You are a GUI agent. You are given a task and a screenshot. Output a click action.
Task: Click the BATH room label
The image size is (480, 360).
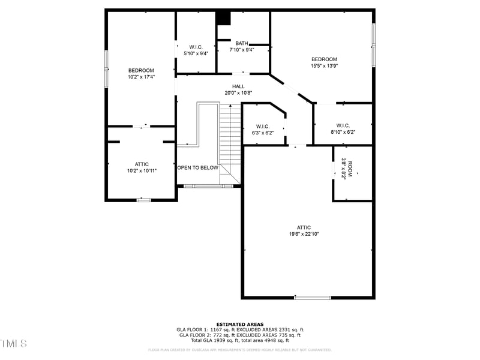point(242,43)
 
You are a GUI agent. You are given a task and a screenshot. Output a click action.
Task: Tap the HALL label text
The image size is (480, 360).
point(238,86)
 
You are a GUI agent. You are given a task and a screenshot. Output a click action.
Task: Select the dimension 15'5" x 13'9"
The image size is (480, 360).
point(324,66)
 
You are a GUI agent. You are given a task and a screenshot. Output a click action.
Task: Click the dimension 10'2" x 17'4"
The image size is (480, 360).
point(141,77)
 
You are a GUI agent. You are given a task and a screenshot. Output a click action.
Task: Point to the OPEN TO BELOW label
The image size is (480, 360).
point(197,168)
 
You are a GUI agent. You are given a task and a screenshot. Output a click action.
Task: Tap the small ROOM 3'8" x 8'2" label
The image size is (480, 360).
point(343,168)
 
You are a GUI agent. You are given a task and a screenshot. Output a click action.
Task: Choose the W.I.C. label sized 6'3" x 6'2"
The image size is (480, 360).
point(262,133)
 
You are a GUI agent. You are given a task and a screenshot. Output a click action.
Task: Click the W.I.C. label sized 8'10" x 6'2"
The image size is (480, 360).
point(343,132)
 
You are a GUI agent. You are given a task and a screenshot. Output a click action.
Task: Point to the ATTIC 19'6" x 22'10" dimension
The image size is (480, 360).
point(304,234)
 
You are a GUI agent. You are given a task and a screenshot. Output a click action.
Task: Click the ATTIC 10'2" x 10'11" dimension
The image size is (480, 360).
point(141,171)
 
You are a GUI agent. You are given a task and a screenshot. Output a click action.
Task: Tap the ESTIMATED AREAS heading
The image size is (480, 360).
point(239,324)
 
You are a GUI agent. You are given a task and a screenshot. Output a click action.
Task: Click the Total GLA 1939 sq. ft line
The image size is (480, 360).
point(239,340)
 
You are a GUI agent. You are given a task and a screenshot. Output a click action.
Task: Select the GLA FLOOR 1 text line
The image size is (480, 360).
point(239,329)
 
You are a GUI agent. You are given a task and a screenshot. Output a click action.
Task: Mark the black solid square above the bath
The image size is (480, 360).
point(223,18)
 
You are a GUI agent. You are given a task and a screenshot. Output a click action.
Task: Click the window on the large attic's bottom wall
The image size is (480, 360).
point(312,297)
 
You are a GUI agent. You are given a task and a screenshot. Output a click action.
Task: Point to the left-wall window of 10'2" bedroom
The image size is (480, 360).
point(107,68)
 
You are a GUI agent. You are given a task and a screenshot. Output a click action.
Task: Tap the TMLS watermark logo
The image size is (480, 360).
point(13,343)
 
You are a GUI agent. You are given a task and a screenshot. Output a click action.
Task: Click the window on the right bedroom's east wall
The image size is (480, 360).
point(373,45)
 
